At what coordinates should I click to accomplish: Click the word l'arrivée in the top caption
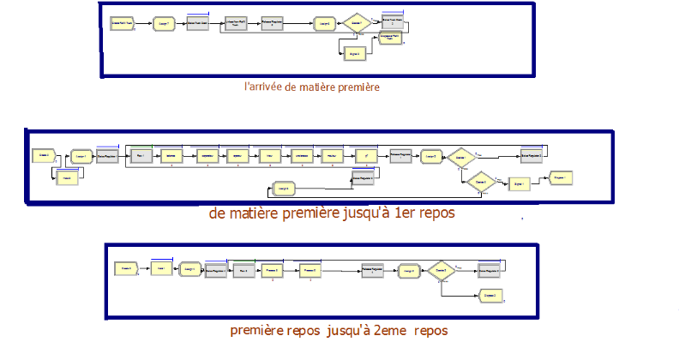pyautogui.click(x=261, y=87)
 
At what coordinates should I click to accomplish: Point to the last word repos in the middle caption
pyautogui.click(x=436, y=213)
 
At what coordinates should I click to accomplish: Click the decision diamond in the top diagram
pyautogui.click(x=355, y=24)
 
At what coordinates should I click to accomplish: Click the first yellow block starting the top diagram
pyautogui.click(x=120, y=23)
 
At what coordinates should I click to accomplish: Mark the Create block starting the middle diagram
pyautogui.click(x=43, y=155)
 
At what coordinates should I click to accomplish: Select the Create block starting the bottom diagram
pyautogui.click(x=127, y=269)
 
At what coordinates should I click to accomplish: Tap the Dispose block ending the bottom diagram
pyautogui.click(x=490, y=295)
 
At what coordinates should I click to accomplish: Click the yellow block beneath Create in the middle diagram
pyautogui.click(x=63, y=177)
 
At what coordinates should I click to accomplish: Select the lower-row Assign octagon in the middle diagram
pyautogui.click(x=283, y=188)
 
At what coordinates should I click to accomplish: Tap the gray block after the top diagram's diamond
pyautogui.click(x=393, y=23)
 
